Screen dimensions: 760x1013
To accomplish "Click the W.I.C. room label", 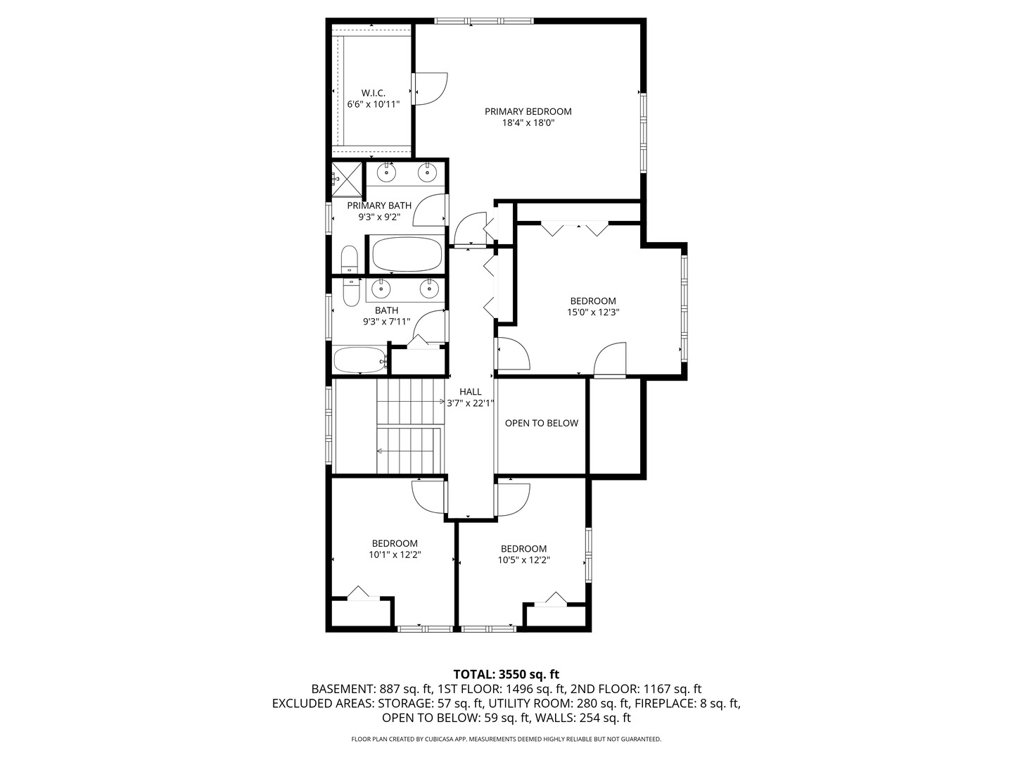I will pos(374,93).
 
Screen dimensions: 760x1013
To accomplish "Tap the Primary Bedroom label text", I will pos(528,111).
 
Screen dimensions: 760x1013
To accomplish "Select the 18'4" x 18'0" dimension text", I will pos(528,122).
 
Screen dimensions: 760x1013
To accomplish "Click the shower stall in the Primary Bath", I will pos(348,178).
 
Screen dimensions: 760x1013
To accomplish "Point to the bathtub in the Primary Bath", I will pos(406,254).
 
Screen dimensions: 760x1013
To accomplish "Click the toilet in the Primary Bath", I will pos(349,260).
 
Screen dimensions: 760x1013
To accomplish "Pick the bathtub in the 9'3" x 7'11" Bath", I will pos(359,360).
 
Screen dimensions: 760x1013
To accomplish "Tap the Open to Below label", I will pos(541,423).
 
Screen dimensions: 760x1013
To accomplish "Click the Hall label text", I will pos(471,392).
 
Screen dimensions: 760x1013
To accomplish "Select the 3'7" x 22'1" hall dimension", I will pos(471,403).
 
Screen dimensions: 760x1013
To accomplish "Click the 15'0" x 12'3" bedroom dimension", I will pos(593,312).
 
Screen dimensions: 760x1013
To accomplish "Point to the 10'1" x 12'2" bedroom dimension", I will pos(395,555).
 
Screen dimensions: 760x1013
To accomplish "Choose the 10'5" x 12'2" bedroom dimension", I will pos(523,560).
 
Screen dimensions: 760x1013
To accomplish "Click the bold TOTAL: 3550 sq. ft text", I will pos(506,674).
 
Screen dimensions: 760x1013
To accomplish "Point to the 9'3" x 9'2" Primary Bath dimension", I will pos(379,217).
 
